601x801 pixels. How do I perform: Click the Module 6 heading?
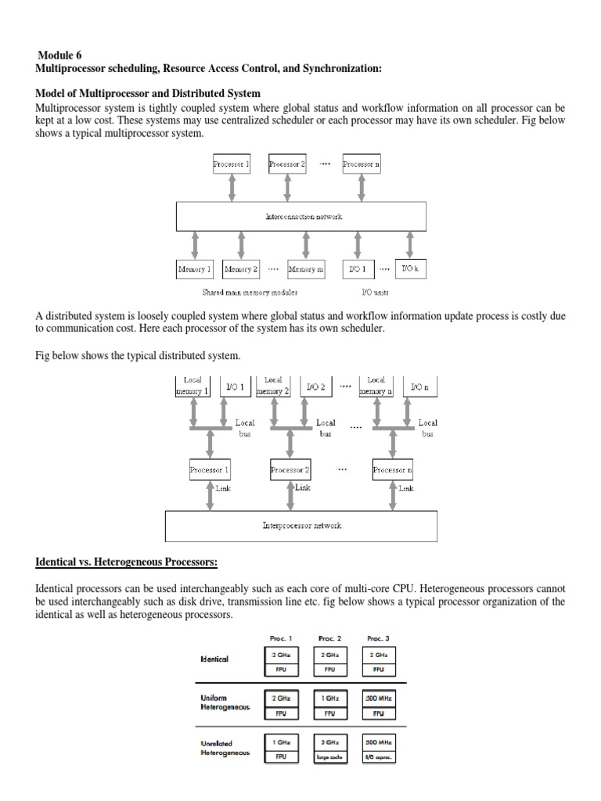click(x=59, y=56)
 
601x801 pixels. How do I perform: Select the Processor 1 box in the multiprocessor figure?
click(x=231, y=165)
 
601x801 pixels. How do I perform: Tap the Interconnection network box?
click(x=301, y=216)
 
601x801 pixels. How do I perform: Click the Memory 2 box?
click(x=241, y=269)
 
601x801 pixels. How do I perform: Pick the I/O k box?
click(x=411, y=268)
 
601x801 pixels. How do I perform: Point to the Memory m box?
click(x=306, y=269)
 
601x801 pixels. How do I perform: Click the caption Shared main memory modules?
click(x=250, y=293)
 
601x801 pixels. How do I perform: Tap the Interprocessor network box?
click(x=302, y=526)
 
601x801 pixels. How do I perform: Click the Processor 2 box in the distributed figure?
click(x=290, y=470)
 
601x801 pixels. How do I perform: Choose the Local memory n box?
click(x=376, y=386)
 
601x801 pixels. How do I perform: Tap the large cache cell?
click(x=329, y=756)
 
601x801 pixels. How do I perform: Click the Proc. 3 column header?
click(x=378, y=638)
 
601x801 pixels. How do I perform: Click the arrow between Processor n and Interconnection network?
click(x=362, y=187)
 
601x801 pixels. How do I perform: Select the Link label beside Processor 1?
click(x=224, y=488)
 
